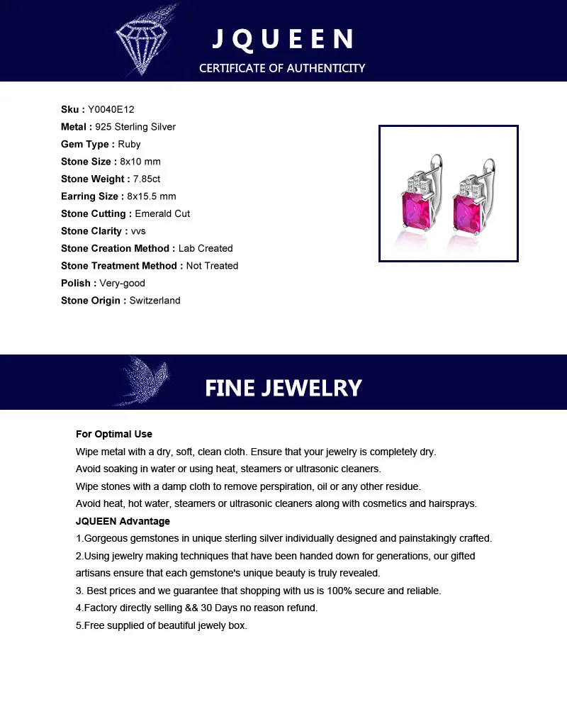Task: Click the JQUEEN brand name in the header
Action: point(283,39)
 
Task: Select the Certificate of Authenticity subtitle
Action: point(282,68)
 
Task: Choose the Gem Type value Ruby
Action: point(129,144)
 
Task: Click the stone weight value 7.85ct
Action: point(147,179)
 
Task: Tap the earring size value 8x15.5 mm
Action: point(152,196)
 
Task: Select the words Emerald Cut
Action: point(162,213)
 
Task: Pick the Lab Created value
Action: point(206,248)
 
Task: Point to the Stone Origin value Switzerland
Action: point(155,301)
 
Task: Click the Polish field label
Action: point(77,283)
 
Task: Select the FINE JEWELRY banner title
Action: point(283,388)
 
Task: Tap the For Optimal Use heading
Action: point(114,434)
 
